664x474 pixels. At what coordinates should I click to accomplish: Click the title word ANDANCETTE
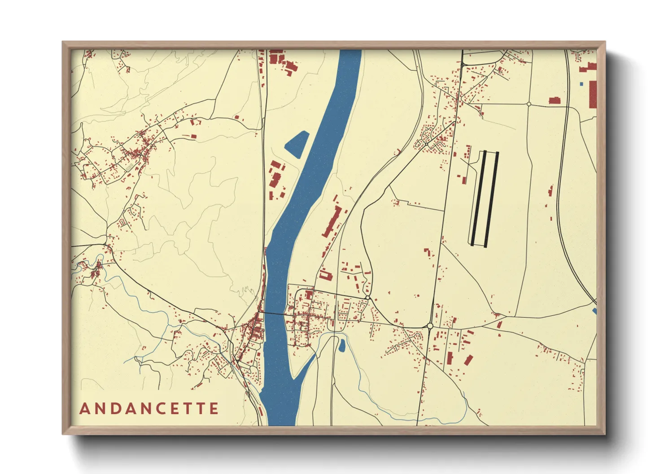149,409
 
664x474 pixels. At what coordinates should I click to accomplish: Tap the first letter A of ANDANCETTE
84,409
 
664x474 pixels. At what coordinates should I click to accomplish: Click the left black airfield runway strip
478,198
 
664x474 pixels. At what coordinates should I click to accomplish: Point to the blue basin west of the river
297,143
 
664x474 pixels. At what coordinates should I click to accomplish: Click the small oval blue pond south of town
342,345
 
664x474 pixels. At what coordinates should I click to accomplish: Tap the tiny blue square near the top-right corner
581,84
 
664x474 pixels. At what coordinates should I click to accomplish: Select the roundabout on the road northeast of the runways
529,104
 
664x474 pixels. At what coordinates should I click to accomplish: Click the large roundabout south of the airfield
430,326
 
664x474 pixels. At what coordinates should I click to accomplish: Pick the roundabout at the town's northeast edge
367,297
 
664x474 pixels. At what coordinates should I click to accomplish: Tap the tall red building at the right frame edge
593,94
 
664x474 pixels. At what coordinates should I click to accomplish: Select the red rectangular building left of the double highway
555,100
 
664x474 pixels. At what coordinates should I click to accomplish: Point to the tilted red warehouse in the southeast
468,360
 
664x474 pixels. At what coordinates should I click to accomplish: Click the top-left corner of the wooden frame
63,42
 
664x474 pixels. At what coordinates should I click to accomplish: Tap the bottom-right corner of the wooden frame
605,434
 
